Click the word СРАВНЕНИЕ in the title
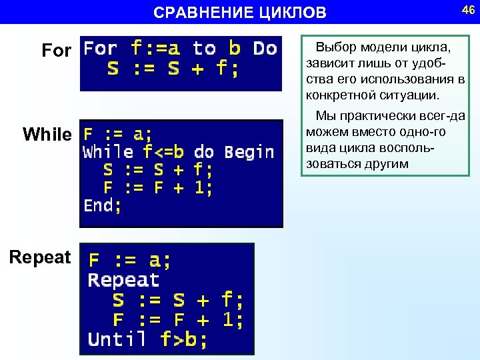(x=201, y=13)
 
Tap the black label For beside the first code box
(x=56, y=51)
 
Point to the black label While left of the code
(x=47, y=135)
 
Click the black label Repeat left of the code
(x=40, y=257)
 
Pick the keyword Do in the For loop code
(x=265, y=49)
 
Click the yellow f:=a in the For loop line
(x=156, y=49)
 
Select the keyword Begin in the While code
(x=249, y=152)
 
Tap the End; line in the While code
(x=103, y=205)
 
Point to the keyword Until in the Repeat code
(x=117, y=339)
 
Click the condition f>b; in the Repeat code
(x=184, y=339)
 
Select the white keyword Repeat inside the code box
(x=123, y=280)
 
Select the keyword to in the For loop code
(x=204, y=49)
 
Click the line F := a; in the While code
(x=117, y=134)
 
